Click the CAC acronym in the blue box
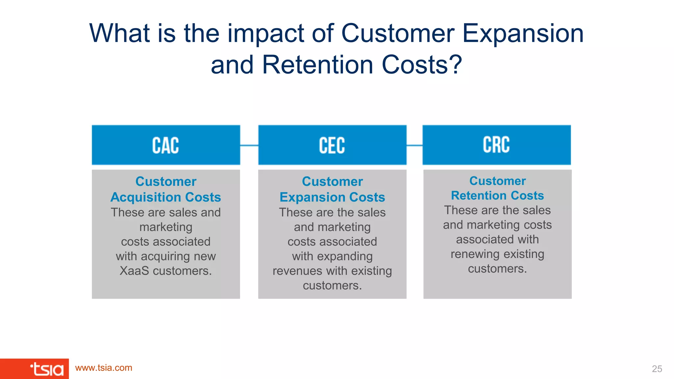click(x=166, y=145)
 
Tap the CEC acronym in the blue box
click(x=332, y=145)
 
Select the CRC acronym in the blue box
click(x=496, y=145)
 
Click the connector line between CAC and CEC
click(x=249, y=145)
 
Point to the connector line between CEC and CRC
click(x=414, y=145)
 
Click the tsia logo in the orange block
click(x=47, y=369)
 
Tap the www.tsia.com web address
click(x=104, y=368)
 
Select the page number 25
click(x=657, y=369)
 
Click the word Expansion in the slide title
click(x=523, y=34)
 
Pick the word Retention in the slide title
click(x=317, y=65)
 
